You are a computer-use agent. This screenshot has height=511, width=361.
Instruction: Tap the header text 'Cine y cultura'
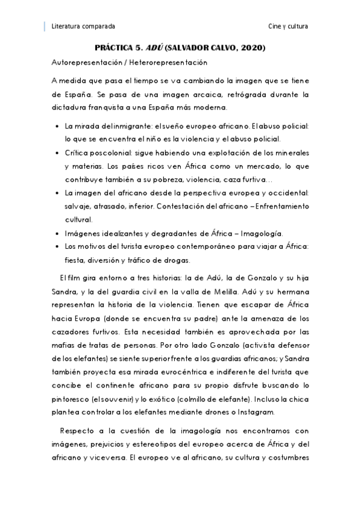pos(289,27)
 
